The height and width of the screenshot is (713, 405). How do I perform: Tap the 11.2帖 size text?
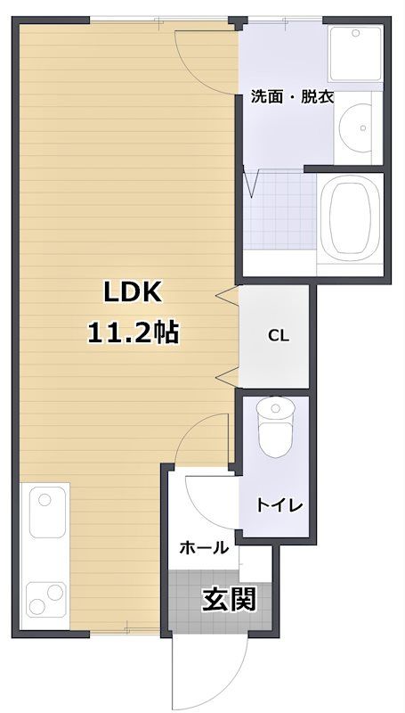(133, 333)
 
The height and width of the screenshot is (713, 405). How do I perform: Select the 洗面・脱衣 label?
(292, 96)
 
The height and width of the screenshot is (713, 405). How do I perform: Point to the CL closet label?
(279, 336)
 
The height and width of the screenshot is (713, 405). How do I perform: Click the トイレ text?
(279, 505)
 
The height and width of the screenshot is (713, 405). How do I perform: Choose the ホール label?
(204, 548)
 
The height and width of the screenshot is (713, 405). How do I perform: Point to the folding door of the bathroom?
(253, 183)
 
